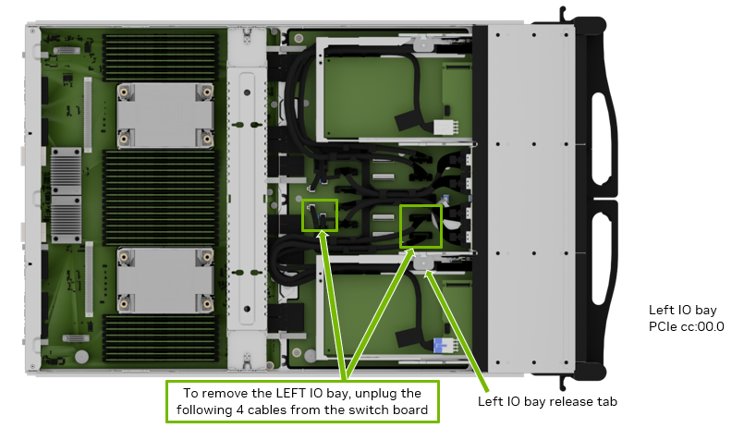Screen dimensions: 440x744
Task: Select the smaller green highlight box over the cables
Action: (320, 214)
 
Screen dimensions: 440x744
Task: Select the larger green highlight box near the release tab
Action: (421, 226)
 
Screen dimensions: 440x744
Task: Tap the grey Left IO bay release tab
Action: (425, 263)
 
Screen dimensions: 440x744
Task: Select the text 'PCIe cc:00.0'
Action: (686, 326)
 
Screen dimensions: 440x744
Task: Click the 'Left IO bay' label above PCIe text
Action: (682, 311)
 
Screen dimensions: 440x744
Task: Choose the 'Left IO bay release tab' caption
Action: (547, 401)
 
